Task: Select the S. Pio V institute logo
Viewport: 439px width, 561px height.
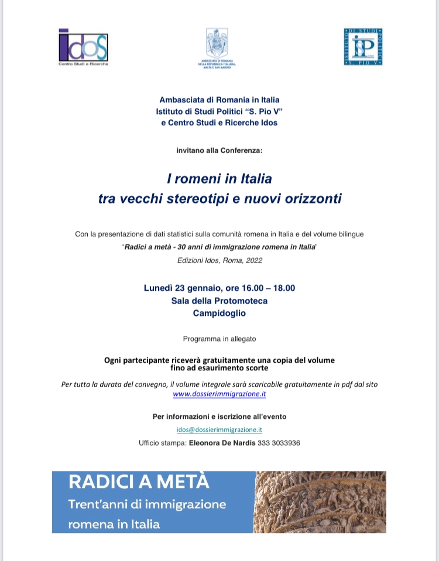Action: coord(363,46)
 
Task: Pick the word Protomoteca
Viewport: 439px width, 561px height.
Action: coord(242,301)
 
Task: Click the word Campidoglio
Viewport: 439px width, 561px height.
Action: coord(220,313)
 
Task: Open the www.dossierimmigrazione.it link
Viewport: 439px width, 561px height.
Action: coord(220,394)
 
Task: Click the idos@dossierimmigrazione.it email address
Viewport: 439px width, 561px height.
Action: coord(220,429)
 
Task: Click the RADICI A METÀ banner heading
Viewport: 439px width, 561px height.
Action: coord(138,483)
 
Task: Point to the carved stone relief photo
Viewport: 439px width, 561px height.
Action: coord(320,501)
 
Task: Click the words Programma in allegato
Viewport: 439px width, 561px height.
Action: coord(220,339)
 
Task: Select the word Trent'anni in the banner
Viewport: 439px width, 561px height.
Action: coord(97,504)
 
